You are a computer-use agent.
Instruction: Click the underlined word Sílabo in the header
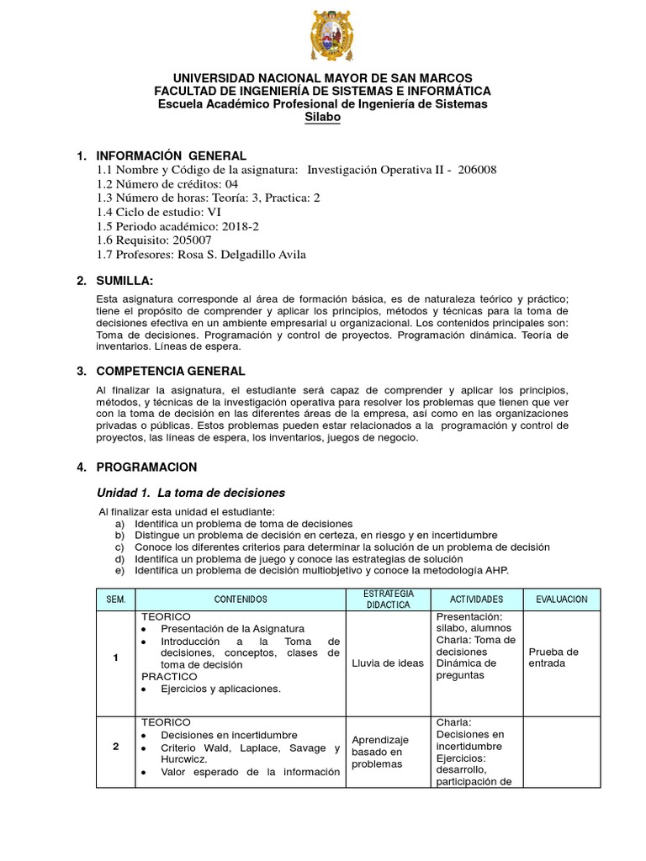(x=323, y=118)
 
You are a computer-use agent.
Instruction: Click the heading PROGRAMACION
(x=147, y=467)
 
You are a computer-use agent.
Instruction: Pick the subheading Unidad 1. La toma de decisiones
(x=193, y=493)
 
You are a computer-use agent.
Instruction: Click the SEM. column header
(x=115, y=600)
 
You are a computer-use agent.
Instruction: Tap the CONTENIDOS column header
(x=240, y=600)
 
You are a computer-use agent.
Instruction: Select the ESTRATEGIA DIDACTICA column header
(x=388, y=600)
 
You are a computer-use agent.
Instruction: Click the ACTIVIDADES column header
(x=476, y=600)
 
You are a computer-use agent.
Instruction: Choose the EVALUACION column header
(x=561, y=600)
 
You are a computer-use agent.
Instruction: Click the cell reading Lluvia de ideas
(x=388, y=663)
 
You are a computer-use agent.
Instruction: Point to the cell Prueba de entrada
(x=553, y=658)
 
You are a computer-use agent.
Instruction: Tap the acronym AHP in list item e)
(x=495, y=570)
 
